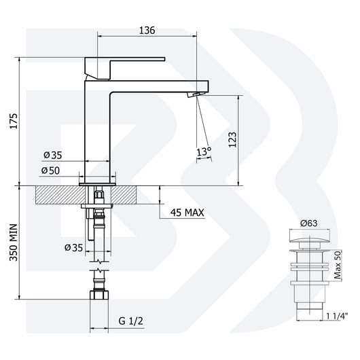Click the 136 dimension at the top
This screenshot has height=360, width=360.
pyautogui.click(x=147, y=31)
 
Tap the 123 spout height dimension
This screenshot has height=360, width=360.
pyautogui.click(x=233, y=140)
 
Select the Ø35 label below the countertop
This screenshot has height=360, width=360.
pyautogui.click(x=73, y=248)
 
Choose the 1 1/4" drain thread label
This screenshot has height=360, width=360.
pyautogui.click(x=335, y=315)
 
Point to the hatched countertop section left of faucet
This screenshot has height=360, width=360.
pyautogui.click(x=57, y=195)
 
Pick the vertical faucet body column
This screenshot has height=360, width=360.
pyautogui.click(x=96, y=129)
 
